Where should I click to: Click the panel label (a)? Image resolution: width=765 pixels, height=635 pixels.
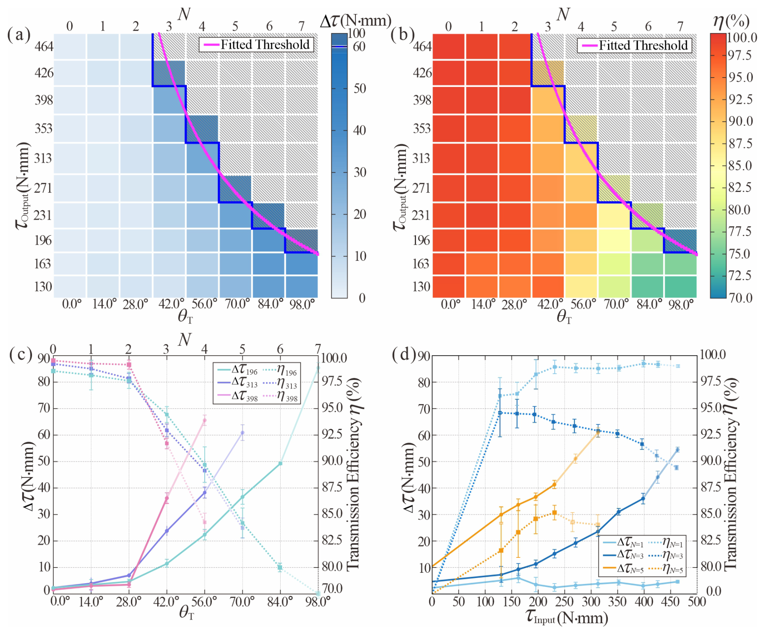pyautogui.click(x=19, y=35)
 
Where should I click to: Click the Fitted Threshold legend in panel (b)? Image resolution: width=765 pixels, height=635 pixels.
pyautogui.click(x=634, y=45)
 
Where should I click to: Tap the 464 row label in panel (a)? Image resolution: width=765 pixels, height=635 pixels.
pyautogui.click(x=44, y=46)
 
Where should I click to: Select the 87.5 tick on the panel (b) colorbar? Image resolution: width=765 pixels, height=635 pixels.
pyautogui.click(x=740, y=143)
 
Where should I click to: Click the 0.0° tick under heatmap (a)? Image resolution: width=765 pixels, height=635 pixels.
pyautogui.click(x=72, y=304)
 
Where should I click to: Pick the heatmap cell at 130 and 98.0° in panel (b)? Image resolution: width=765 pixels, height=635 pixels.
pyautogui.click(x=680, y=287)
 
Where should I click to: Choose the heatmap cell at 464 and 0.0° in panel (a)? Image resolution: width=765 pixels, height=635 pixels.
pyautogui.click(x=70, y=46)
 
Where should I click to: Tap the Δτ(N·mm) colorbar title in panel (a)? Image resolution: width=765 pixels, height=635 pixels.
pyautogui.click(x=355, y=20)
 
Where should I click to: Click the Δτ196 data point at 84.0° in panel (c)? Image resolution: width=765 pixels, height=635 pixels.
pyautogui.click(x=280, y=464)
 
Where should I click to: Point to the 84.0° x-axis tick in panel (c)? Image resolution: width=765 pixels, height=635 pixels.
pyautogui.click(x=280, y=602)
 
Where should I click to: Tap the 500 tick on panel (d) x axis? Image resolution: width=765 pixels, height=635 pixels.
pyautogui.click(x=697, y=602)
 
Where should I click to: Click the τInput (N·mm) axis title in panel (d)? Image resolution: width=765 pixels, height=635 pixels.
pyautogui.click(x=567, y=617)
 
